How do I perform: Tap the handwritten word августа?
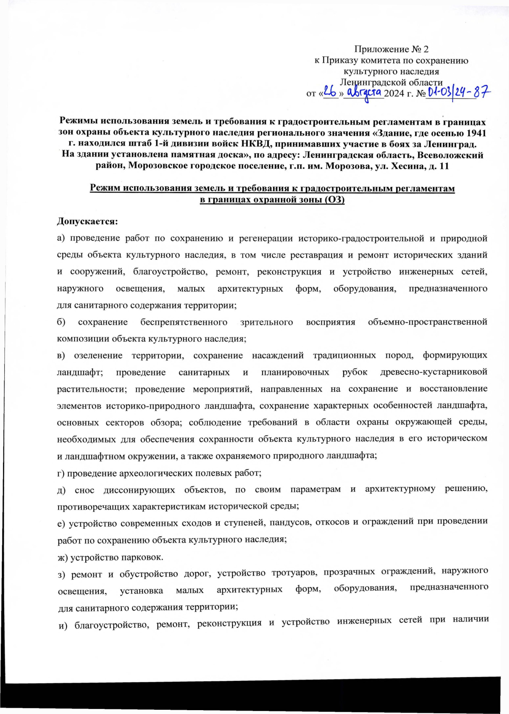(x=364, y=92)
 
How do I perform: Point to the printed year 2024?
(x=394, y=93)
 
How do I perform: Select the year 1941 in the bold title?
(x=476, y=133)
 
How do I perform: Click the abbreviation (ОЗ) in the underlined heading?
(x=334, y=200)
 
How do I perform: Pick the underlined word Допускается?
(x=87, y=222)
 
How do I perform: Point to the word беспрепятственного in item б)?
(x=184, y=322)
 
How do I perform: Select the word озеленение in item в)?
(x=98, y=355)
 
